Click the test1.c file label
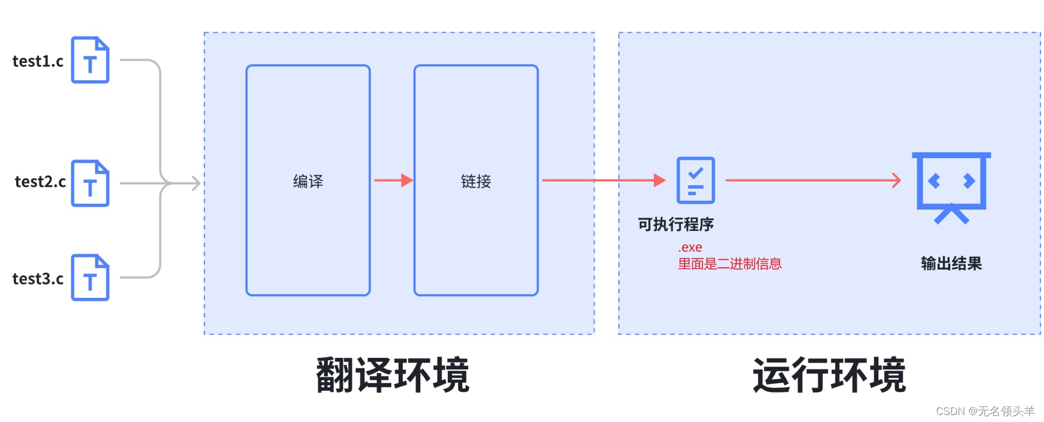pos(38,61)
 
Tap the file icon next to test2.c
pos(90,184)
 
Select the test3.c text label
pos(38,279)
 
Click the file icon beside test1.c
pos(90,60)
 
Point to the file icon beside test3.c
pos(90,278)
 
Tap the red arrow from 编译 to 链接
pos(393,180)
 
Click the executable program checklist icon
pos(695,180)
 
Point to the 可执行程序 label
pos(676,225)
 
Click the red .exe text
pos(690,247)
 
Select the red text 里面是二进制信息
pos(729,264)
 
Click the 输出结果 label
pos(951,264)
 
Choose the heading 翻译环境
pos(392,375)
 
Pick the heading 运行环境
pos(829,375)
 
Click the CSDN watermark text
pos(985,411)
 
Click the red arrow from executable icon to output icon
pos(813,180)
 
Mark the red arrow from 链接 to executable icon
pos(603,180)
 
